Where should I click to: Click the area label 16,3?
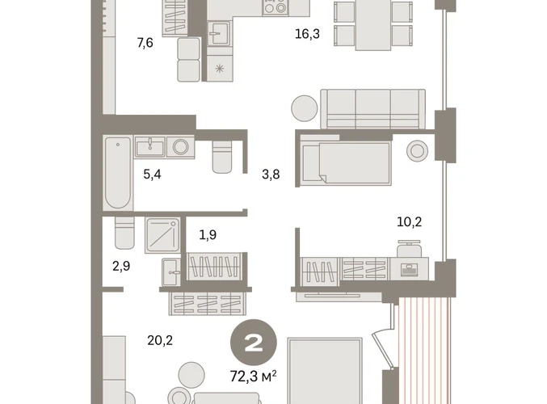[x=307, y=34]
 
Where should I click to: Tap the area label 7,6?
[x=145, y=43]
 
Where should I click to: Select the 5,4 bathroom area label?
[x=152, y=174]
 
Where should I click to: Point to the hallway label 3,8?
[x=271, y=174]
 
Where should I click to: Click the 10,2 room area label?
[x=409, y=221]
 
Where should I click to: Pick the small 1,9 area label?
[x=208, y=235]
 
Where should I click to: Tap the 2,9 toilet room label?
[x=121, y=266]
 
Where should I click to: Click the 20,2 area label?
[x=160, y=340]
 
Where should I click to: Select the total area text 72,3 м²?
[x=253, y=377]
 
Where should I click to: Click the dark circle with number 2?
[x=254, y=343]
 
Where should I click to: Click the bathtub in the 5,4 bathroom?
[x=118, y=173]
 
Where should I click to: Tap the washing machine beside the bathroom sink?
[x=181, y=147]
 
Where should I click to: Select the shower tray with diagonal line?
[x=163, y=235]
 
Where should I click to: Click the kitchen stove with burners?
[x=276, y=7]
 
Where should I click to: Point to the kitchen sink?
[x=219, y=33]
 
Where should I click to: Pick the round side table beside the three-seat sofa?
[x=305, y=108]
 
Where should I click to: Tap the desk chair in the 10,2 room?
[x=409, y=249]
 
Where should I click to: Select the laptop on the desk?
[x=410, y=270]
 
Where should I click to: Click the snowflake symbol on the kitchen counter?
[x=220, y=69]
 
